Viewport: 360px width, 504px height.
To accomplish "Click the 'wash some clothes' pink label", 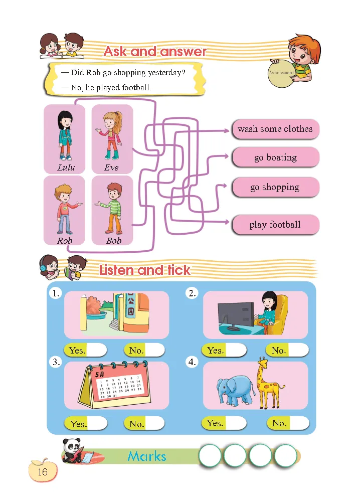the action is pyautogui.click(x=275, y=129).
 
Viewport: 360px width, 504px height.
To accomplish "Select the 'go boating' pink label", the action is pyautogui.click(x=275, y=157).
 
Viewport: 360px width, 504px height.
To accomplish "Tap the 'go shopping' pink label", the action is pyautogui.click(x=275, y=188).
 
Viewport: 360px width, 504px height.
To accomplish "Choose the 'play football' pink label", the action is pyautogui.click(x=275, y=225).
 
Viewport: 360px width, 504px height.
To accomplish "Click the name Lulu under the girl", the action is pyautogui.click(x=66, y=167).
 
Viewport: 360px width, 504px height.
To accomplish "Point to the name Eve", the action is pyautogui.click(x=111, y=167).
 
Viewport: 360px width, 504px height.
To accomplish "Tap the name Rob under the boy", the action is pyautogui.click(x=64, y=240).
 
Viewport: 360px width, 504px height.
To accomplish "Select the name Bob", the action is pyautogui.click(x=114, y=240).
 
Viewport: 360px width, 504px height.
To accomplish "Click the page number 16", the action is pyautogui.click(x=42, y=472).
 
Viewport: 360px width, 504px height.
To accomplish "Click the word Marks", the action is pyautogui.click(x=146, y=456).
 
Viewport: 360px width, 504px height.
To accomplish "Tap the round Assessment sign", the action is pyautogui.click(x=281, y=73).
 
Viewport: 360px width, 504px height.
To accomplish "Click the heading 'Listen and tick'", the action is pyautogui.click(x=144, y=270).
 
